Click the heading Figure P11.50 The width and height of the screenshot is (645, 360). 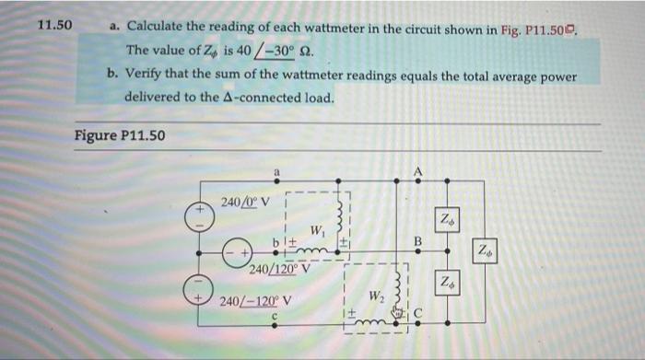[x=120, y=136]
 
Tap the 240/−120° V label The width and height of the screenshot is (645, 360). [x=257, y=301]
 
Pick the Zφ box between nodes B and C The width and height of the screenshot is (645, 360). [x=445, y=281]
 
